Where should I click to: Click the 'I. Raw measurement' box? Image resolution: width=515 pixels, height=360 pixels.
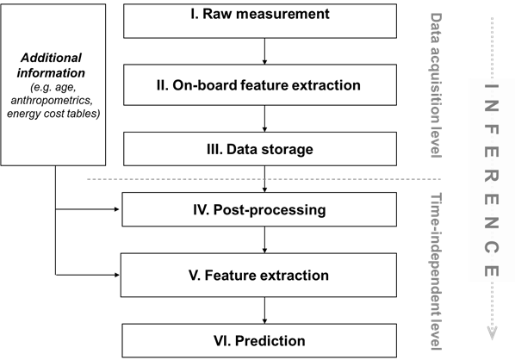(x=260, y=21)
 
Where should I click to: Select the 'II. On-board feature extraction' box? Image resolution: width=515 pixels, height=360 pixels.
(x=260, y=84)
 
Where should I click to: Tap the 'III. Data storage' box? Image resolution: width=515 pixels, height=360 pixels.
(x=260, y=149)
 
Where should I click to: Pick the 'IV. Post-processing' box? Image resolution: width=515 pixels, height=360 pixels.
(x=259, y=209)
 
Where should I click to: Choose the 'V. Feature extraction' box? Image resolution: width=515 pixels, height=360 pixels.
(x=258, y=275)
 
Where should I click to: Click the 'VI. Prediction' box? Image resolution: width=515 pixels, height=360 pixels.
(x=259, y=340)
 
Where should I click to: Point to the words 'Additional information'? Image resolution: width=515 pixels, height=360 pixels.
(x=51, y=65)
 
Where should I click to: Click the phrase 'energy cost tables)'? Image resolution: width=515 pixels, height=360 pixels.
(x=53, y=114)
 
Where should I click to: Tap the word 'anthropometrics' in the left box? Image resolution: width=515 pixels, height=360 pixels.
(x=52, y=100)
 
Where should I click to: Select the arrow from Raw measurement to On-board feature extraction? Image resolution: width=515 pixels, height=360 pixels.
(x=264, y=51)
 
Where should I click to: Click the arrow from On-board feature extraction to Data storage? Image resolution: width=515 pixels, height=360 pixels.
(x=264, y=119)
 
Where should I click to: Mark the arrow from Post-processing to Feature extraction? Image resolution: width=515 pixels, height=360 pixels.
(x=264, y=239)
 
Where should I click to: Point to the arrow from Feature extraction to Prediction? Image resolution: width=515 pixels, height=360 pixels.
(x=264, y=310)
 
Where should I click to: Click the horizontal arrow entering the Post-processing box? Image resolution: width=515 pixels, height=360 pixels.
(x=87, y=209)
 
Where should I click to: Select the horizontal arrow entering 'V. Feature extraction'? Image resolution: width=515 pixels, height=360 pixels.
(x=87, y=275)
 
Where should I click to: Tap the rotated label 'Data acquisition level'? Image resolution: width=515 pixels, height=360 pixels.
(x=436, y=85)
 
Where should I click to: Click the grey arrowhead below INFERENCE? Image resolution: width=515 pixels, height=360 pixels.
(x=492, y=333)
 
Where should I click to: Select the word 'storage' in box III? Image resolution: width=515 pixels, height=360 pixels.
(x=287, y=150)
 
